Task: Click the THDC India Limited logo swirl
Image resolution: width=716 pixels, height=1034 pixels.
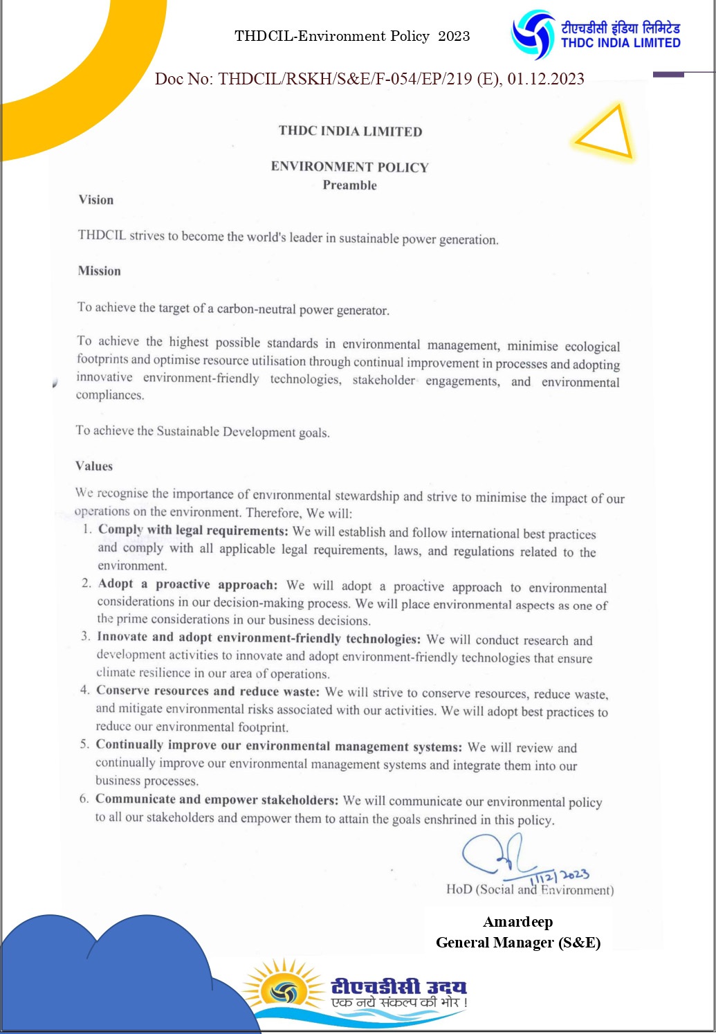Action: click(x=533, y=35)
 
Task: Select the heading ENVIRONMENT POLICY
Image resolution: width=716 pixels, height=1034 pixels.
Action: click(x=349, y=167)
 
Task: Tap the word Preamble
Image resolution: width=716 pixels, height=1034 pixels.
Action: click(x=349, y=185)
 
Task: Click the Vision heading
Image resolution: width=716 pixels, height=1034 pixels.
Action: click(x=96, y=200)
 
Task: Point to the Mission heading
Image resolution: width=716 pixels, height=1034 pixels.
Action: click(x=100, y=271)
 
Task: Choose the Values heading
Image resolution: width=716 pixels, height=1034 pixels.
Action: click(x=94, y=466)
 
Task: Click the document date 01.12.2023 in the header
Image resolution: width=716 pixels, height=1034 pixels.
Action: click(x=546, y=79)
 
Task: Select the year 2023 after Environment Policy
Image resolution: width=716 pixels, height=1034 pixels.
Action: click(x=454, y=36)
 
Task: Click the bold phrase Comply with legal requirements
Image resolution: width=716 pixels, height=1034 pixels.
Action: click(x=193, y=531)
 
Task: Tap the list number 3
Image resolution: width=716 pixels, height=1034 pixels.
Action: click(x=86, y=636)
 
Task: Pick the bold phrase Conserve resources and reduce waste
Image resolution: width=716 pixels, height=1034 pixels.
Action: click(x=208, y=691)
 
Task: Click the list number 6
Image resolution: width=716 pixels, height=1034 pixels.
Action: click(x=84, y=799)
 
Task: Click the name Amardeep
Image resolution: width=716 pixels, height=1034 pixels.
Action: click(x=517, y=922)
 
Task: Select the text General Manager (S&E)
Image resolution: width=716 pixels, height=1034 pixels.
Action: click(x=517, y=943)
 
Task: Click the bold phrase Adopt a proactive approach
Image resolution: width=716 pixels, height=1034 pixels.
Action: click(x=187, y=584)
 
